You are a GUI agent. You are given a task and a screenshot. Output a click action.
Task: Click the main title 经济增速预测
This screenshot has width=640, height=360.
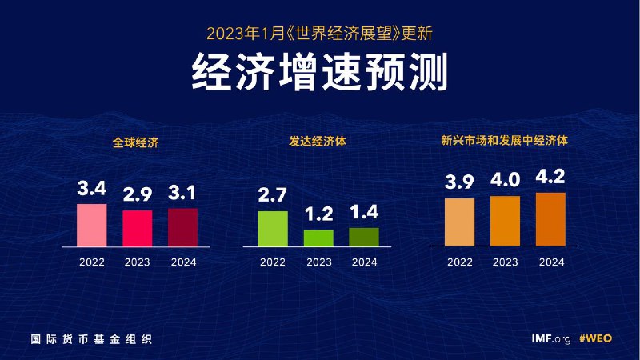point(319,74)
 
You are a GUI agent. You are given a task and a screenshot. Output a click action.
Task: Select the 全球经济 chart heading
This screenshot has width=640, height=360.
point(136,143)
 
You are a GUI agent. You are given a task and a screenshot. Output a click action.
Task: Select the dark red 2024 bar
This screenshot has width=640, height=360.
point(182,227)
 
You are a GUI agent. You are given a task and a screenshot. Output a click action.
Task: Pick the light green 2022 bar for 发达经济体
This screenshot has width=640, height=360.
point(273,229)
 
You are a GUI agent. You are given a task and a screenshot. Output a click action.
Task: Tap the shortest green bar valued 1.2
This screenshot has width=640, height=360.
point(318,238)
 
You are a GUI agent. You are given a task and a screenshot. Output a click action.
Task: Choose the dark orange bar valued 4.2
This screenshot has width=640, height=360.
point(550,219)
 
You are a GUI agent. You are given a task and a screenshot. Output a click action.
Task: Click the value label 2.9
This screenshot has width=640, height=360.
point(137,194)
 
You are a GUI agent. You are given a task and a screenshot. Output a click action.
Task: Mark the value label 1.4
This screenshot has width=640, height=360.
point(364,213)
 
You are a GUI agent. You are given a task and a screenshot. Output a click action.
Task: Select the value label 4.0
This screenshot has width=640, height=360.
point(505,181)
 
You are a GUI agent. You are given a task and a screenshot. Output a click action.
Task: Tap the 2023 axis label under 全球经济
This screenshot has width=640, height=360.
point(137,262)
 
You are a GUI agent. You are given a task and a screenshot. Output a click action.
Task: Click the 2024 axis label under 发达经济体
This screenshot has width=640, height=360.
point(364,262)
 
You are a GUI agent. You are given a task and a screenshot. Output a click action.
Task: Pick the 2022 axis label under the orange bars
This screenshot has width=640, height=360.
point(459,262)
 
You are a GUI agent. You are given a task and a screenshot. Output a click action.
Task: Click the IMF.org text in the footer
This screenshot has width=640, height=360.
point(551,338)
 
